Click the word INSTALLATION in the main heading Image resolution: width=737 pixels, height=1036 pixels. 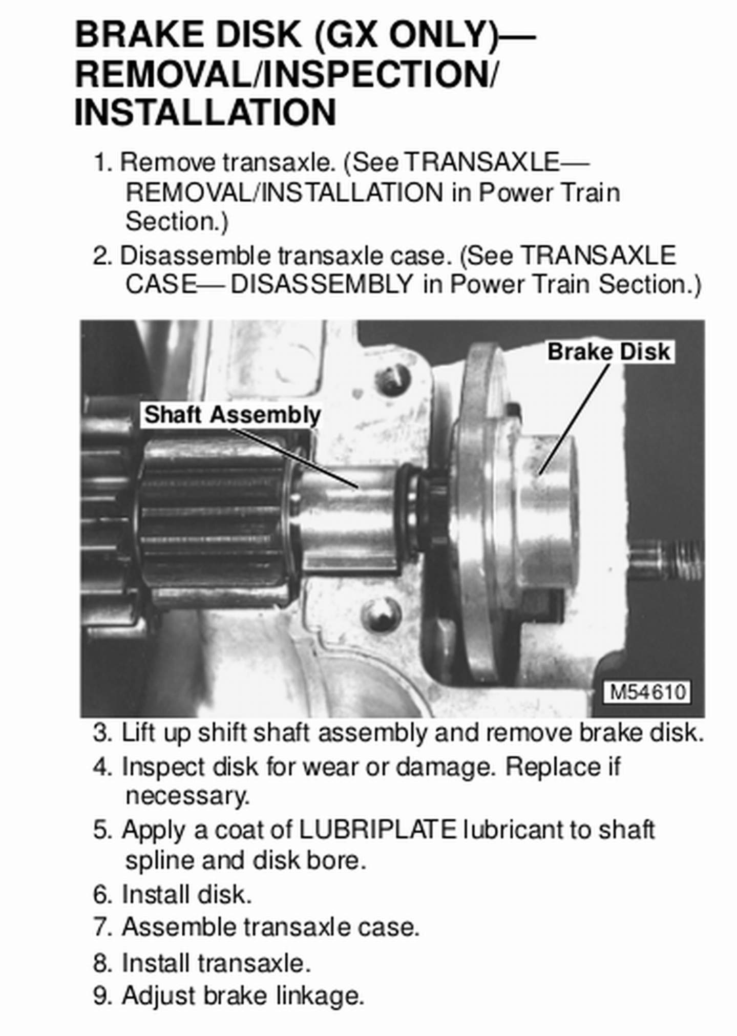tap(205, 112)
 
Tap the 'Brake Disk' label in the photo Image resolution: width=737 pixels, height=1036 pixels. tap(609, 352)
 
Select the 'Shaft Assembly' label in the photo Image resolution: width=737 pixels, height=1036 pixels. tap(232, 415)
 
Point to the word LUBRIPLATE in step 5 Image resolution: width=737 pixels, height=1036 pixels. tap(377, 830)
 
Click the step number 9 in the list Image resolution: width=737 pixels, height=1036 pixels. tap(100, 996)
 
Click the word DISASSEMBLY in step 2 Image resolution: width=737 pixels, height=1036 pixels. tap(322, 284)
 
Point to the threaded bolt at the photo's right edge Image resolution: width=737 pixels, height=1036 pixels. tap(666, 558)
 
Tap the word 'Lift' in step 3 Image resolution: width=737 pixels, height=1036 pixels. tap(137, 733)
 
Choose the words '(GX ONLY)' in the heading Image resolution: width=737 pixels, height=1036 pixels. tap(405, 35)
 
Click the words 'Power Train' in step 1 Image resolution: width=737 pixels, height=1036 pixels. tap(549, 193)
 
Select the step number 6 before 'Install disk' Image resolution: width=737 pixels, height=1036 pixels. tap(100, 895)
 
